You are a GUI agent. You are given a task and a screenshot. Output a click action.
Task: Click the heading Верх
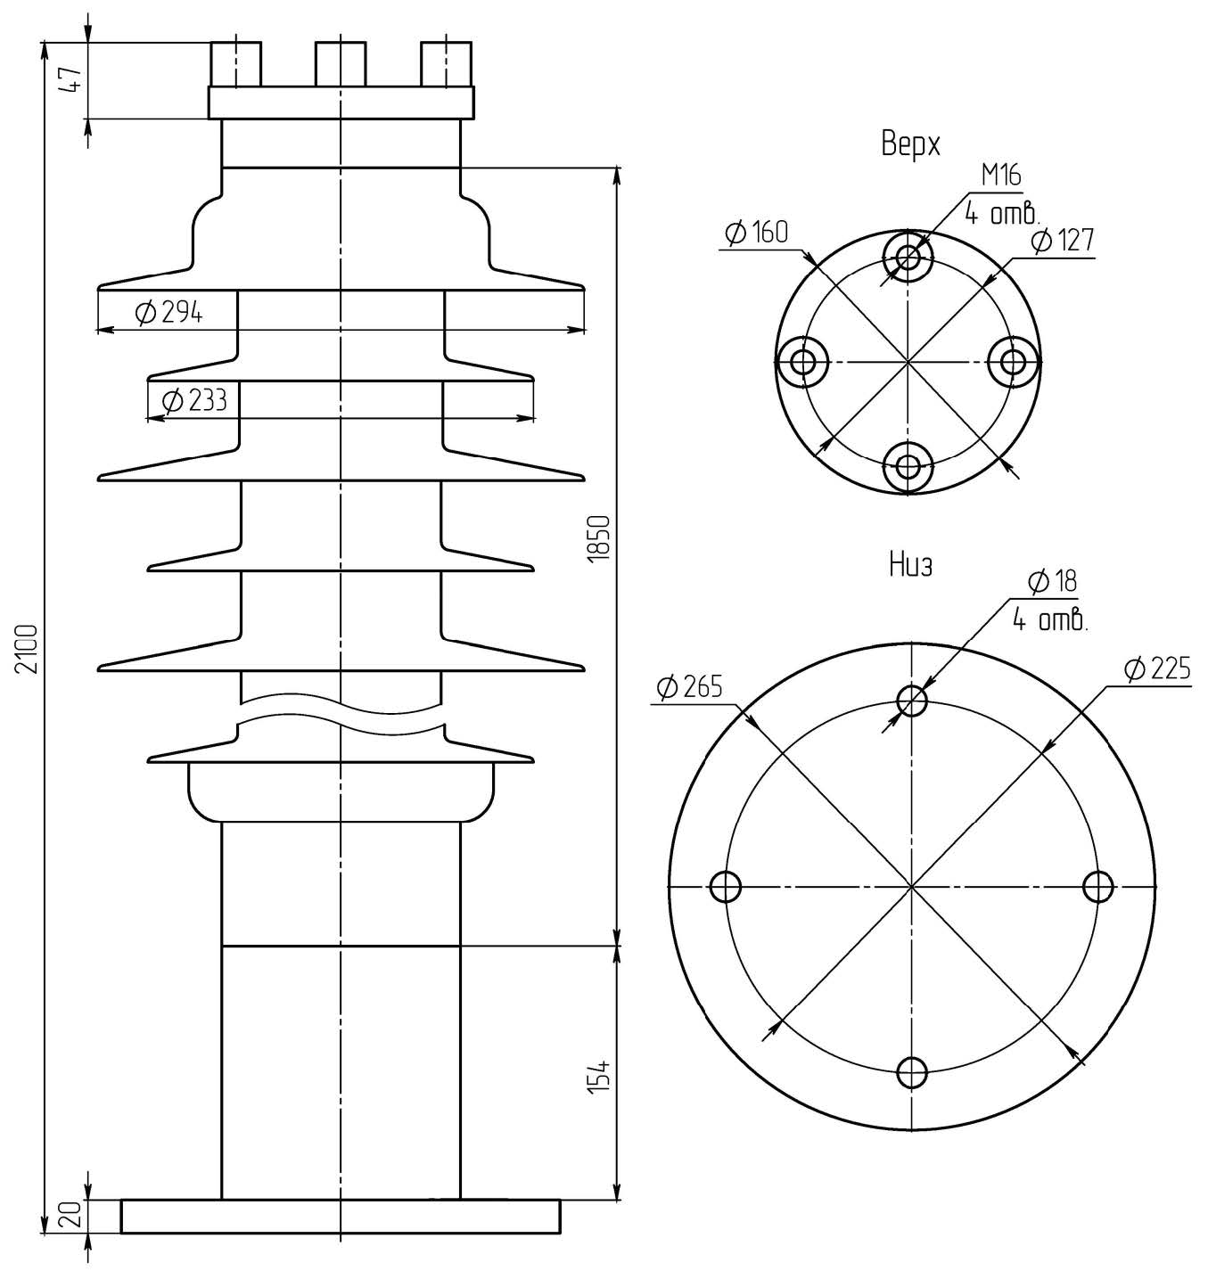tap(910, 143)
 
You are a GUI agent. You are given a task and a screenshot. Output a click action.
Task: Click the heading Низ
tap(910, 564)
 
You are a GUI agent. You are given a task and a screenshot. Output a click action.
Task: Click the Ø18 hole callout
tap(1052, 582)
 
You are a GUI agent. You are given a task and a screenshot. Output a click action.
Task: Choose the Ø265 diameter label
tap(688, 686)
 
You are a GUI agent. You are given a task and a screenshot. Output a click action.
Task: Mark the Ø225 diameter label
tap(1156, 668)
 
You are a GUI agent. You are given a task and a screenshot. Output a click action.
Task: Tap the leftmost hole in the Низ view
tap(726, 887)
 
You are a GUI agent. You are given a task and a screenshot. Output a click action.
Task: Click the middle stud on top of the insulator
tap(341, 64)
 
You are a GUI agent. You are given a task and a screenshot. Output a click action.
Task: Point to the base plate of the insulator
tap(341, 1217)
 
